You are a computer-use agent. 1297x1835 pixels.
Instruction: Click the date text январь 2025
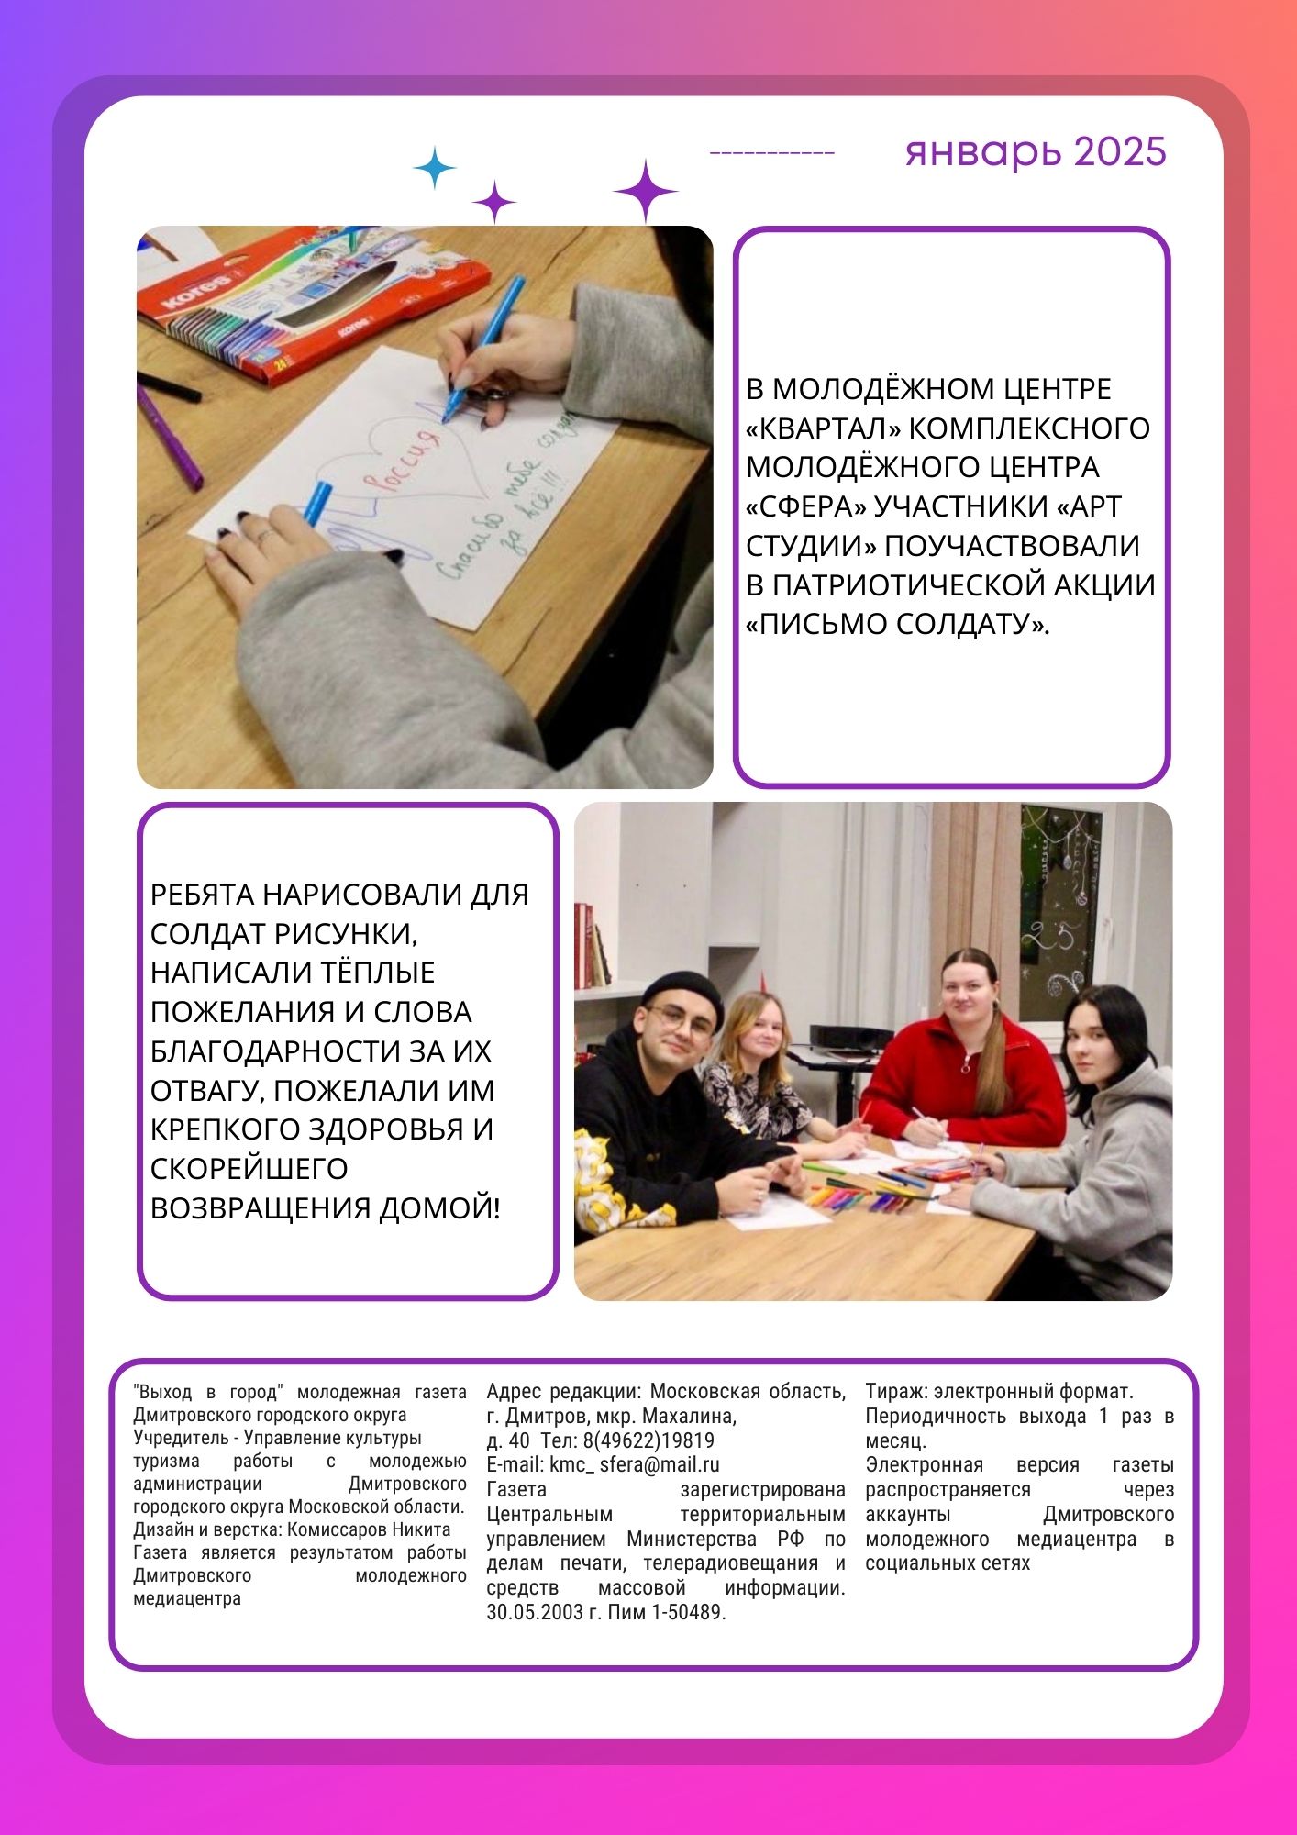(x=1035, y=151)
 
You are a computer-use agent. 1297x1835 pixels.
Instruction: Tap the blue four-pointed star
(x=434, y=169)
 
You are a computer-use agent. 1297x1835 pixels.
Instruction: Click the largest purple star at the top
(x=645, y=191)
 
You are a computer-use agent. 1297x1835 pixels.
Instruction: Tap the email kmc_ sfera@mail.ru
(x=634, y=1465)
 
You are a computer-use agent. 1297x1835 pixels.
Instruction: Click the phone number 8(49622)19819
(x=648, y=1440)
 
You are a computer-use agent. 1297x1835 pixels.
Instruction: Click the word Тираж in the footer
(x=894, y=1392)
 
